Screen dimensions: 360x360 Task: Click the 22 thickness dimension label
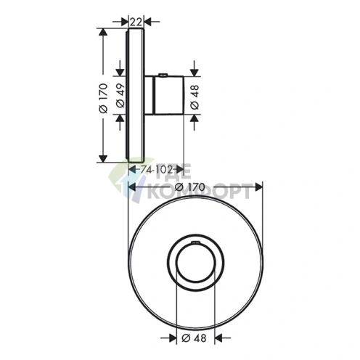tap(136, 22)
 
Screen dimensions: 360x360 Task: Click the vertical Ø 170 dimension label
tap(103, 98)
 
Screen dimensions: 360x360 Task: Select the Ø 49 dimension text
tap(120, 96)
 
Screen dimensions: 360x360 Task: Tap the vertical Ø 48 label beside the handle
tap(195, 97)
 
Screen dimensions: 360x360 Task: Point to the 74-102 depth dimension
tap(157, 170)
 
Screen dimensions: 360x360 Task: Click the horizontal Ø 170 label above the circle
tap(190, 187)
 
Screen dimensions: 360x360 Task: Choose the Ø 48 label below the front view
tap(194, 338)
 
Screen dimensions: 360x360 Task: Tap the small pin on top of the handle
tap(163, 74)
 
